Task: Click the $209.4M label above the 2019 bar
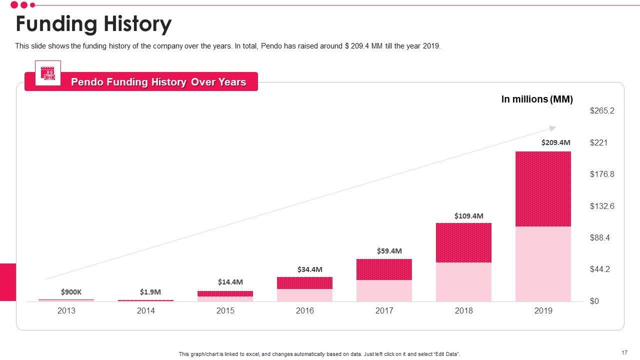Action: click(555, 142)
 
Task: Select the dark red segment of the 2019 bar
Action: click(543, 189)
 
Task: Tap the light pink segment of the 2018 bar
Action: click(463, 282)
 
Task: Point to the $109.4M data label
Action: click(468, 216)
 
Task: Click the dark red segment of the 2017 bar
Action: click(384, 269)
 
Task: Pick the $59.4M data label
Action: click(389, 251)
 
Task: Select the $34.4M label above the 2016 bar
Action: click(309, 269)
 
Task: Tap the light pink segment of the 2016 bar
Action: click(304, 295)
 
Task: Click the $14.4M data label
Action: click(230, 282)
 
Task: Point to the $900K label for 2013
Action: click(71, 292)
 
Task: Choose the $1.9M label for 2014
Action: click(150, 292)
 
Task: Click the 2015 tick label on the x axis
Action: click(225, 311)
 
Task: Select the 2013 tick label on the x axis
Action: click(66, 311)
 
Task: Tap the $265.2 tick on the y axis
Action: click(602, 111)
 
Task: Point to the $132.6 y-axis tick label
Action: click(602, 206)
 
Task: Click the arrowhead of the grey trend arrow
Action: click(553, 128)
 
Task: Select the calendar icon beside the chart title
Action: click(48, 73)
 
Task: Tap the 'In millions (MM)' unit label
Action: click(537, 99)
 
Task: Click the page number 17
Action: click(624, 352)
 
